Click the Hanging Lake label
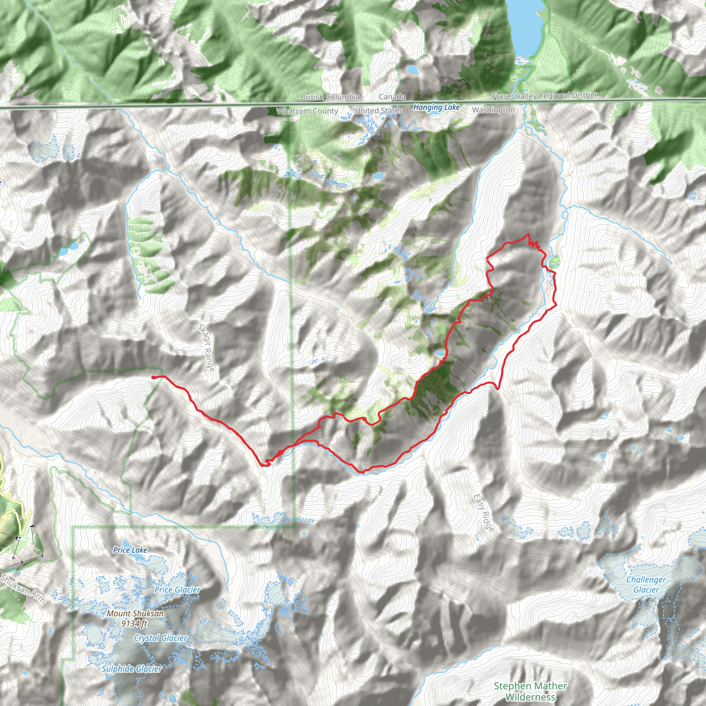tap(436, 108)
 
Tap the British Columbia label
tap(330, 97)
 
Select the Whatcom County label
tap(307, 111)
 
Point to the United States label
tap(379, 110)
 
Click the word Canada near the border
tap(392, 97)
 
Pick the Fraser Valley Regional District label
tap(544, 96)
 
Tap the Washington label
tap(493, 110)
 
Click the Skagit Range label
tap(206, 348)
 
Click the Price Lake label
tap(130, 550)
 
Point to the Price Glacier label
tap(177, 589)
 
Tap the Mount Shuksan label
tap(135, 614)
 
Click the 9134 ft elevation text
tap(134, 623)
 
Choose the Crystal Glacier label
tap(160, 638)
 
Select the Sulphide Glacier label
tap(132, 669)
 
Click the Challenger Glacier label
tap(646, 584)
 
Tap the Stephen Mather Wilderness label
tap(530, 692)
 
